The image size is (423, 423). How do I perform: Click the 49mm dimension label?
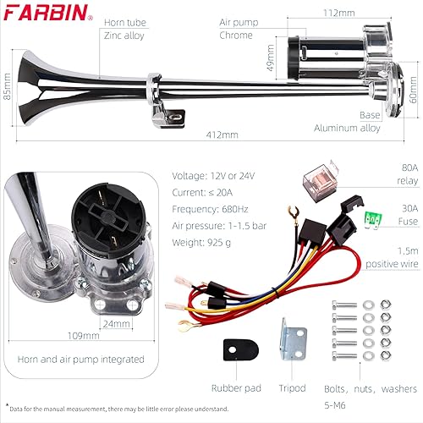(x=270, y=66)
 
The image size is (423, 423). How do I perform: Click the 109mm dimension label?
(x=76, y=335)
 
